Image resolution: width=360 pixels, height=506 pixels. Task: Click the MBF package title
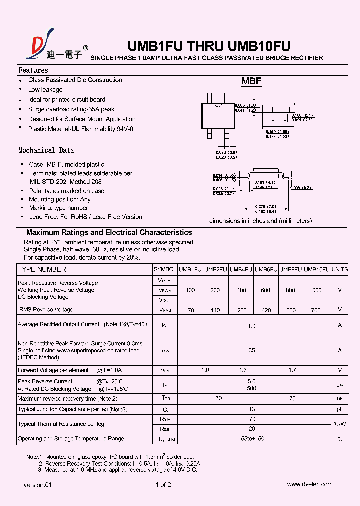pos(252,81)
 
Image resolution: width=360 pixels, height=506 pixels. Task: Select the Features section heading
pos(33,70)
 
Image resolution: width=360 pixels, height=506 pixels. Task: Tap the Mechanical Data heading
pos(46,150)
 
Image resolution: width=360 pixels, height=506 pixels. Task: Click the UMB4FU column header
pos(241,269)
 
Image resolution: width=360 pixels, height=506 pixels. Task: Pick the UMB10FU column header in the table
pos(317,269)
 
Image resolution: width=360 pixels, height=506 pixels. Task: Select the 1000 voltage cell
pos(316,290)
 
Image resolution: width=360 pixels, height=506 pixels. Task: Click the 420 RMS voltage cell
pos(266,310)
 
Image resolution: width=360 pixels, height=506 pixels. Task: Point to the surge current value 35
pos(252,350)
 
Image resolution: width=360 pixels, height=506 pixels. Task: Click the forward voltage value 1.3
pos(243,370)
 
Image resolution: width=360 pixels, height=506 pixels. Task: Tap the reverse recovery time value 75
pos(292,399)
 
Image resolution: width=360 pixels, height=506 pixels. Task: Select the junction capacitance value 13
pos(252,409)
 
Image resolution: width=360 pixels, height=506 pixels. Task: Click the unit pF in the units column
pos(340,409)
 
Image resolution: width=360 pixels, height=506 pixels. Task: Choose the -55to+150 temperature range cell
pos(252,439)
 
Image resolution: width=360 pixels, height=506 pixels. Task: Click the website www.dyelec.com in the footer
pos(310,484)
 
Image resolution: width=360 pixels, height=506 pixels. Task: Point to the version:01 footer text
pos(37,485)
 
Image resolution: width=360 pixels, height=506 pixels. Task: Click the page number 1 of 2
pos(163,485)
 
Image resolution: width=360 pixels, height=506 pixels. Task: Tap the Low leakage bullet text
pos(45,90)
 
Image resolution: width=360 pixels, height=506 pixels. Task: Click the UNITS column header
pos(340,269)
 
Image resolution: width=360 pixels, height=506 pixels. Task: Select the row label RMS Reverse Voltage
pos(46,310)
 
